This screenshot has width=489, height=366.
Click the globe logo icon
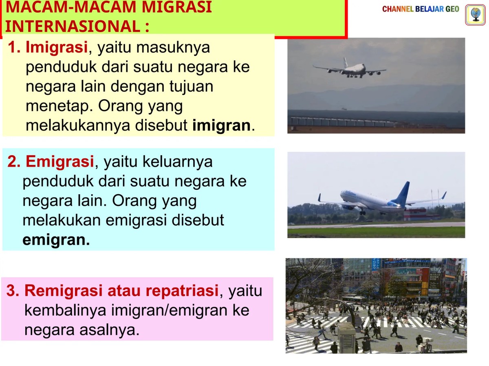[x=475, y=15]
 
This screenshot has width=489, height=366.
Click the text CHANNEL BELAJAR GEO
[x=421, y=9]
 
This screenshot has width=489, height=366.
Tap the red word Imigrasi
[x=57, y=48]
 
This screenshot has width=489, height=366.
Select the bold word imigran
[x=221, y=125]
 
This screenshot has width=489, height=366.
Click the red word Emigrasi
[x=59, y=162]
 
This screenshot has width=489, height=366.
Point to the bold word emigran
[x=56, y=240]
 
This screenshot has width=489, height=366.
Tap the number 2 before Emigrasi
[x=13, y=162]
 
